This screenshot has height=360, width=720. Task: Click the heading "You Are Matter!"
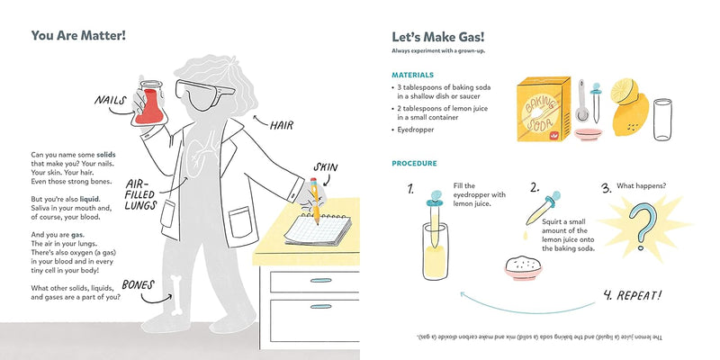[x=78, y=36]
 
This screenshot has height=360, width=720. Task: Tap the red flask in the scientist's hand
[x=148, y=105]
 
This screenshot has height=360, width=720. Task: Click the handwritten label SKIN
[x=325, y=166]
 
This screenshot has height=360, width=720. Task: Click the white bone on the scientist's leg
[x=178, y=291]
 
